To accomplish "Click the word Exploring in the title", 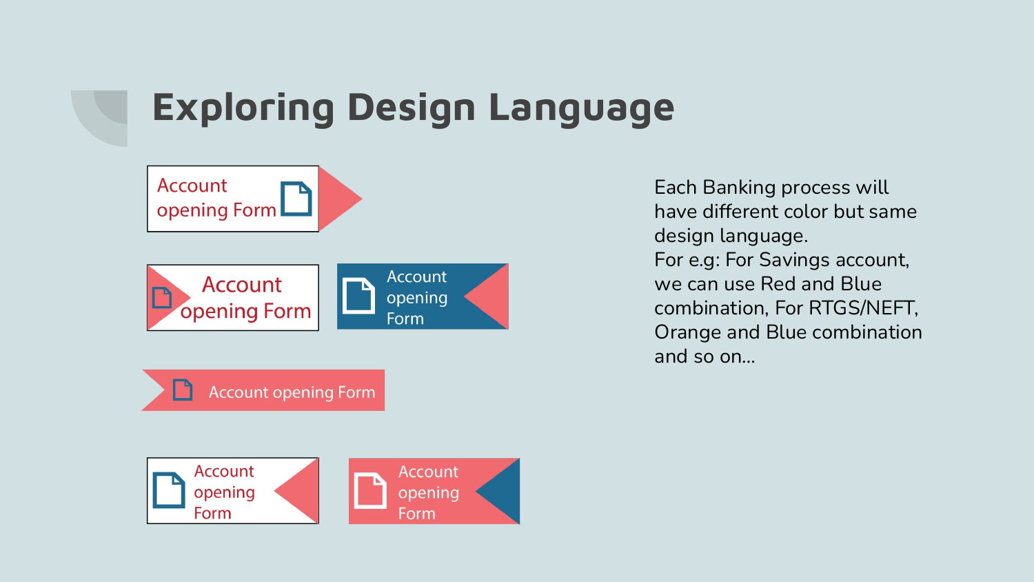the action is [243, 108].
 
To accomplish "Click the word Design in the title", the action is [412, 108].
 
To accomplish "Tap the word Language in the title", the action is [582, 108].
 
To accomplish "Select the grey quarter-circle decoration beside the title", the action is [104, 115].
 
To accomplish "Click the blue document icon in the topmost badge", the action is [296, 199].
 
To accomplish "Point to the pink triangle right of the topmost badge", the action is [337, 199].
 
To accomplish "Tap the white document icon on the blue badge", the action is [358, 296].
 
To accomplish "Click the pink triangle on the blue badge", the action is [489, 297].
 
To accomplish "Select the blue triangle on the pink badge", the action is [501, 491].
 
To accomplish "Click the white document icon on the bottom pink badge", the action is [370, 490].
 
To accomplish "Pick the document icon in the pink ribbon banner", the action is [183, 390].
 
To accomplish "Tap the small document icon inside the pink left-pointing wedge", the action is [162, 297].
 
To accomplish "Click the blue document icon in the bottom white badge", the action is [169, 490].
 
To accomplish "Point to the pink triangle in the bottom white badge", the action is [300, 491].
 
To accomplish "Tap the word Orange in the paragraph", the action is [684, 333].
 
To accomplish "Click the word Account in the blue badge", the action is [416, 277].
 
